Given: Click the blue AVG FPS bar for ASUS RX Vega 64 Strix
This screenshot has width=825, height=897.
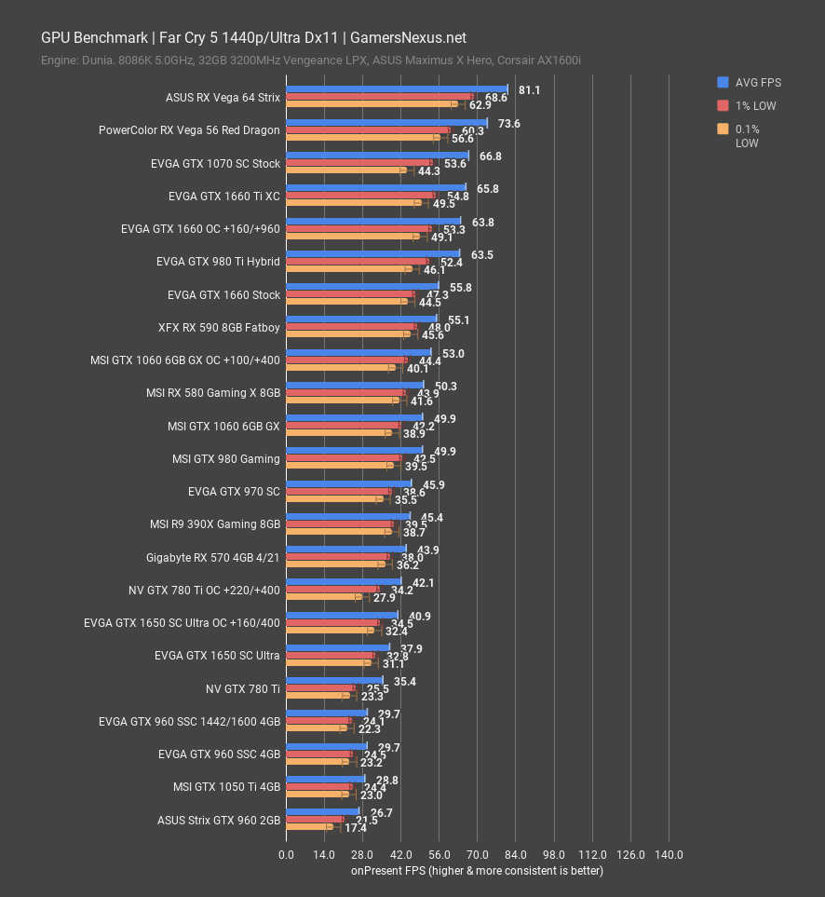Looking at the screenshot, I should coord(396,89).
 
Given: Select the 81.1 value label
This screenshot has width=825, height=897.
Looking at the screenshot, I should coord(529,90).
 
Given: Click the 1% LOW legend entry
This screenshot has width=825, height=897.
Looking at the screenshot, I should coord(751,106).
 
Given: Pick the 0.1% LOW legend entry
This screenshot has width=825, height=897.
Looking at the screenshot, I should coord(746,136).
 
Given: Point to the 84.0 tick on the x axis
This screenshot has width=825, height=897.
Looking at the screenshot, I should coord(516,855).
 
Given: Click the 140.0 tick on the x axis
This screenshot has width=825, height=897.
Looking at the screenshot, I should coord(669,855).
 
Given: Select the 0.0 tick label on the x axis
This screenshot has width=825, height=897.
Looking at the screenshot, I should coord(286,855).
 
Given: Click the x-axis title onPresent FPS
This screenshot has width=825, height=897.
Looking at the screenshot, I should coord(477,871).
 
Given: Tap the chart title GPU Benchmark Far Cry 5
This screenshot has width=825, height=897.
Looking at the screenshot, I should coord(253,38).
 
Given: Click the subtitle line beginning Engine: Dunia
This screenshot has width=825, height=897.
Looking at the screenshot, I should coord(311,61).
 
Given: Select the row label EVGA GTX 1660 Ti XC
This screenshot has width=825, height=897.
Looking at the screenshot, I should coord(223,197).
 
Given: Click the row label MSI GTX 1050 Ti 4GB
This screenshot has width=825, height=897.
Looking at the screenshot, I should coord(226,787).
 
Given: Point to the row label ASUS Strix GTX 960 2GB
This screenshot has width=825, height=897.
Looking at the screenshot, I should coord(219,820).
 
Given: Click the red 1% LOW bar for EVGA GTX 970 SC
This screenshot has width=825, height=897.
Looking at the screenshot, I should coord(338,491).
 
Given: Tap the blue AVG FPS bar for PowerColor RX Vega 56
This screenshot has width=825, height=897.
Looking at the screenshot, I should coord(386,122).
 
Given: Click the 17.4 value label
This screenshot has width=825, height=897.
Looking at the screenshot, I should coord(355,828).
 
